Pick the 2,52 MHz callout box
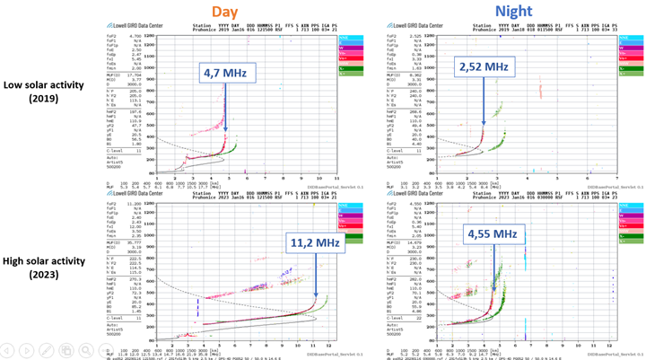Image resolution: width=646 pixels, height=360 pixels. coord(484,66)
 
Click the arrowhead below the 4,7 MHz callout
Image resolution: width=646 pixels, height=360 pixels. coord(224,129)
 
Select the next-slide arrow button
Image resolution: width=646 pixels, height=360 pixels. coord(28,350)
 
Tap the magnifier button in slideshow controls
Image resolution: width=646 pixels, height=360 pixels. coord(86,350)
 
